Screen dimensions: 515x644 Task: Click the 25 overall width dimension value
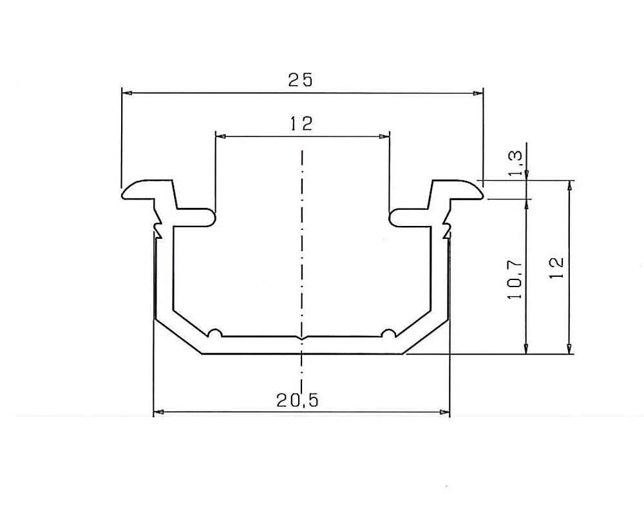(300, 80)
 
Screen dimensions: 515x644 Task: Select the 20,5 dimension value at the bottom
(298, 400)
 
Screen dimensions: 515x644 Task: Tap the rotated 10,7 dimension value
(516, 279)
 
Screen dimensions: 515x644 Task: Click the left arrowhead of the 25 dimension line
(127, 93)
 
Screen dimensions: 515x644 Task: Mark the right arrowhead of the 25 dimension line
(478, 93)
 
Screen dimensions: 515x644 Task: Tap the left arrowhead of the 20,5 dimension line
(158, 411)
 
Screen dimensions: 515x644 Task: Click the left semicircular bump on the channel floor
(215, 333)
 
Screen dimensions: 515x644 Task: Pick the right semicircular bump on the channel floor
(388, 333)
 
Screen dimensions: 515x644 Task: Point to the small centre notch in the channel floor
(301, 337)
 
